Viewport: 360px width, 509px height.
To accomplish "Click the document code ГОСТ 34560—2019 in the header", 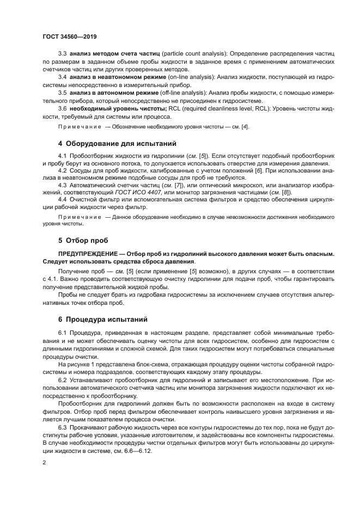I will (x=69, y=36).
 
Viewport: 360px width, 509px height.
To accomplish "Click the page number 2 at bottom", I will (x=44, y=462).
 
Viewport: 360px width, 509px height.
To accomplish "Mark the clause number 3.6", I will (x=62, y=108).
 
